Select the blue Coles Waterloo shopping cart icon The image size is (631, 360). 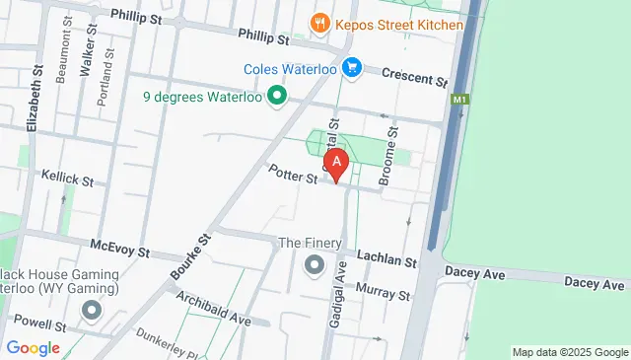pos(352,68)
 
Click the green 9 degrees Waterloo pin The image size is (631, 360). pos(277,97)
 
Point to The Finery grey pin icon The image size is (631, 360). pos(315,264)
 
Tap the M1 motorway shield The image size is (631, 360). pos(458,100)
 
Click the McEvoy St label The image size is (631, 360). pos(119,250)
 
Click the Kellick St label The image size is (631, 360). pos(67,180)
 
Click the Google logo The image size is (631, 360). pos(33,347)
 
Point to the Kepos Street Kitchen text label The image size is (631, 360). pos(398,23)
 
